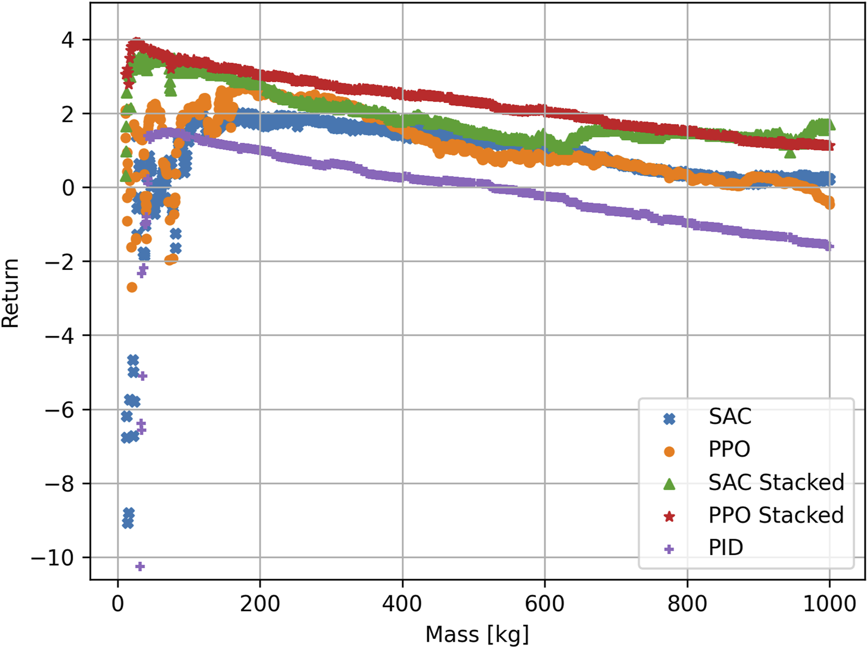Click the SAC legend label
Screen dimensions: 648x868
730,416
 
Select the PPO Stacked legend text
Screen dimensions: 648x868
775,515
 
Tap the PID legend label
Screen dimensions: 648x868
726,547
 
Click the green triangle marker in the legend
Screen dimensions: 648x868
669,483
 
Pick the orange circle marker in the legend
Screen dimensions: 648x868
669,451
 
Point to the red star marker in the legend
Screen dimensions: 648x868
669,516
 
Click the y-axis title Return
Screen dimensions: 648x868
11,293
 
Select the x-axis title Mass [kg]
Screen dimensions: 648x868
477,634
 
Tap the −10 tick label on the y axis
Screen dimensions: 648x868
53,558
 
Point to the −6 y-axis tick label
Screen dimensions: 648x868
60,410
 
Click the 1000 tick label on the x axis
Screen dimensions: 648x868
829,604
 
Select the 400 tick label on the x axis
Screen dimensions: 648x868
402,604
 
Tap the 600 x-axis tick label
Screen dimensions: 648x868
545,604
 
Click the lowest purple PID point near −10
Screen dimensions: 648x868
139,566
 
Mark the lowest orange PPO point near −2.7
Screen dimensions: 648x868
132,287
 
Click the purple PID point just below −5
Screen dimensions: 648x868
143,376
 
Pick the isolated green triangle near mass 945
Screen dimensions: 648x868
790,153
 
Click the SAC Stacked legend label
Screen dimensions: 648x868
775,482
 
